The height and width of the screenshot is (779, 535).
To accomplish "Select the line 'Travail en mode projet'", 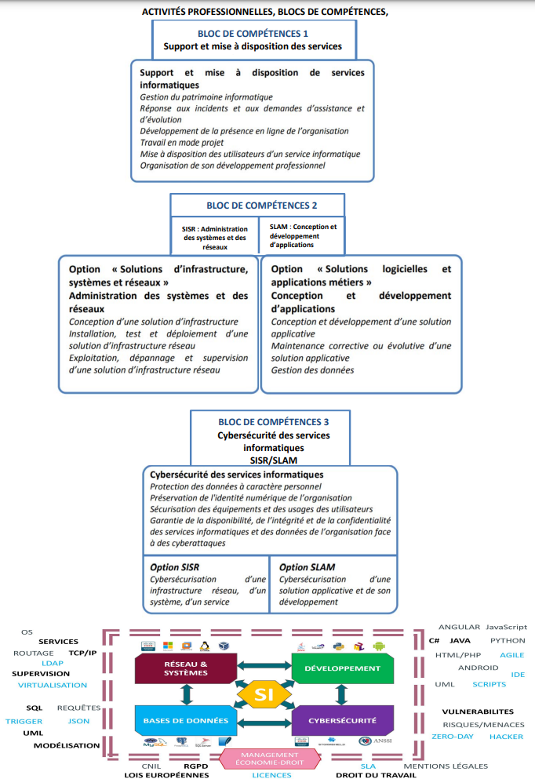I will (x=181, y=142).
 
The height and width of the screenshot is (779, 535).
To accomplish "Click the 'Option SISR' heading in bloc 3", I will (x=174, y=567).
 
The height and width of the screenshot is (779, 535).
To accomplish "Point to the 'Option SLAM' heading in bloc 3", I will (x=307, y=567).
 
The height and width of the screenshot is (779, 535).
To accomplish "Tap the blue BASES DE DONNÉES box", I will (x=185, y=719).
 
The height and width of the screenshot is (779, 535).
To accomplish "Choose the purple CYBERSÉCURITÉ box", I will (x=341, y=719).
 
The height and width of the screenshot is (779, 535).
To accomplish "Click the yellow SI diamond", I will (x=264, y=694).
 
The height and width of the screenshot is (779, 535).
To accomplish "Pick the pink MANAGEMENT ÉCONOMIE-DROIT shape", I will (x=270, y=758).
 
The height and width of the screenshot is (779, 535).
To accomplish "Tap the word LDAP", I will (x=53, y=663).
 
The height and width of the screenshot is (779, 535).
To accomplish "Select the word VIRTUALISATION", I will (x=53, y=685).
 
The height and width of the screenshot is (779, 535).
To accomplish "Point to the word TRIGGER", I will (x=24, y=721).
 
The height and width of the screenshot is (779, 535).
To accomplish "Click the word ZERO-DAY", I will (x=452, y=737).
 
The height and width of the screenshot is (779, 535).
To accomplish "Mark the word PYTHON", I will (x=508, y=640).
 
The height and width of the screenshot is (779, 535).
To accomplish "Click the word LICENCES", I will (x=271, y=775).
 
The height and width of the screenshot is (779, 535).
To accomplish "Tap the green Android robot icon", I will (x=380, y=646).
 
